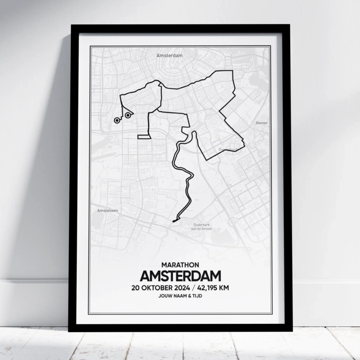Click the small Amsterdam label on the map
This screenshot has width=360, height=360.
169,55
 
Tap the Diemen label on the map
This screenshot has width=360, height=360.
261,123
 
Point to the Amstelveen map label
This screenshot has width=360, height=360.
107,210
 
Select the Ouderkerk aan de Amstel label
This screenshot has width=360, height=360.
202,226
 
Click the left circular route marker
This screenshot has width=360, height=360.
117,120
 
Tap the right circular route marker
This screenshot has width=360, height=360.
127,115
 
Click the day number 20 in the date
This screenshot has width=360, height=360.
137,287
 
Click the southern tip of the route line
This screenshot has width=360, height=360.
173,220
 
